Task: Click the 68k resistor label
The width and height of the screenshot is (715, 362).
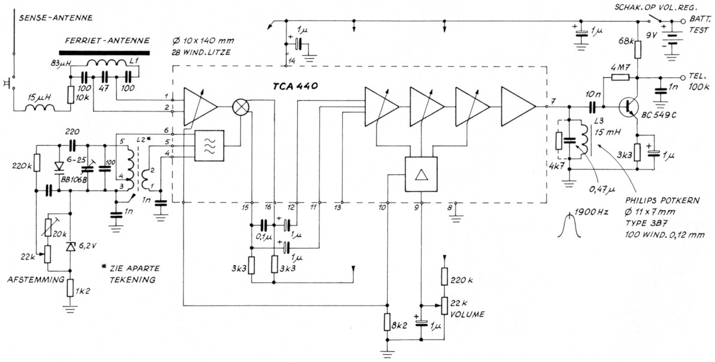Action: pos(625,41)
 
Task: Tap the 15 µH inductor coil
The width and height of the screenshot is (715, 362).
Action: pos(40,107)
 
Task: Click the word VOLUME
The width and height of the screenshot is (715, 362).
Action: pos(469,313)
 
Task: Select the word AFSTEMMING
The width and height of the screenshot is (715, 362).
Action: pos(34,280)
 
